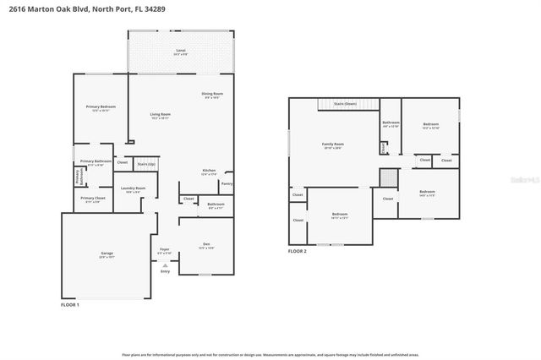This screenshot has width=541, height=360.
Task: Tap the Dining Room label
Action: click(212, 94)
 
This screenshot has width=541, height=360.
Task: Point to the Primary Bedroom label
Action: click(101, 107)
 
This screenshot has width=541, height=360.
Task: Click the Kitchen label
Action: click(209, 171)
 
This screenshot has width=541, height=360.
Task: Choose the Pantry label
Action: click(226, 183)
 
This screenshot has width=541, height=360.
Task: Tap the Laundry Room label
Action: click(134, 188)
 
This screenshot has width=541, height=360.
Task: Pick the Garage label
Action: click(107, 254)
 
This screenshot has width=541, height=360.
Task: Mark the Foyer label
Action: click(165, 250)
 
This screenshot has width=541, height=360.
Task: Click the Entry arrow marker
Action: click(165, 265)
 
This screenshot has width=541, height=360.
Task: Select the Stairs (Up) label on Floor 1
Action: click(147, 164)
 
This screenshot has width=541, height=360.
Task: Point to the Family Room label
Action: click(333, 145)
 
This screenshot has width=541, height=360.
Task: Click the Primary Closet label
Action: click(92, 199)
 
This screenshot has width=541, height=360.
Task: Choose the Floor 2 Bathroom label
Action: click(390, 123)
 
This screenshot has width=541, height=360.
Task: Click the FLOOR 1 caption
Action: click(69, 304)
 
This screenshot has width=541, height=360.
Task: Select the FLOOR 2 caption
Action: click(298, 251)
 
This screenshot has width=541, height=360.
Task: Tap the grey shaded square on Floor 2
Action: click(387, 178)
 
